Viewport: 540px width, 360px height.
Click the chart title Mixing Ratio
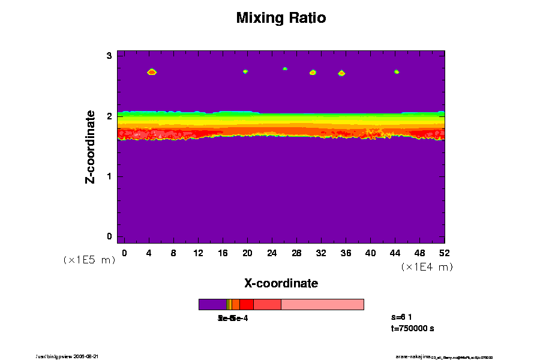[x=281, y=18]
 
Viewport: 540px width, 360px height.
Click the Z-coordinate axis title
[x=91, y=146]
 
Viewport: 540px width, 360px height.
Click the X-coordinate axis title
[x=281, y=283]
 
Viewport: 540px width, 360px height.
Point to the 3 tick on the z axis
[x=110, y=56]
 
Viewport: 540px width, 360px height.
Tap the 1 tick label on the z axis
[x=110, y=176]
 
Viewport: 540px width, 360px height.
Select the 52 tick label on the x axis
[x=445, y=253]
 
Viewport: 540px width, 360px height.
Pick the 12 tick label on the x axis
[x=198, y=253]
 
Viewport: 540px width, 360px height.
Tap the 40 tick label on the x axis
[x=370, y=253]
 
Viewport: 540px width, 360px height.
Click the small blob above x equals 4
[x=152, y=72]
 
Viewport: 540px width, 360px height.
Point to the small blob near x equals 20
[x=245, y=71]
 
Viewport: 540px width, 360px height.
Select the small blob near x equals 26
[x=285, y=69]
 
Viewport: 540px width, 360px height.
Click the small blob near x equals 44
[x=397, y=72]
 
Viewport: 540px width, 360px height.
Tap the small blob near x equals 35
[x=341, y=73]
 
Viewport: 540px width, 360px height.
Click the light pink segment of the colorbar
[x=322, y=304]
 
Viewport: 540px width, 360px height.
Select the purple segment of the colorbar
[x=212, y=304]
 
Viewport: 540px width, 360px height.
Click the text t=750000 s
[x=412, y=328]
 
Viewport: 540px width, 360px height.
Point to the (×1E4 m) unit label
[x=427, y=267]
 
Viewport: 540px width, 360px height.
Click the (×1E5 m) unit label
[x=89, y=260]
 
